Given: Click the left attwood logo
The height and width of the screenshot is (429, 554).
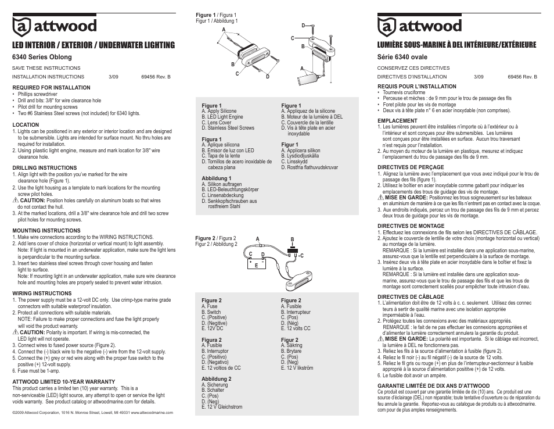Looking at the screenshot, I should point(55,26).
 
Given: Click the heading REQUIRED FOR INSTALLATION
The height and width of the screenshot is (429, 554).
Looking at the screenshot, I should point(51,88).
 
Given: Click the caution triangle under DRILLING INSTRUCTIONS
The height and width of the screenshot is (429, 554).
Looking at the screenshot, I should point(16,201).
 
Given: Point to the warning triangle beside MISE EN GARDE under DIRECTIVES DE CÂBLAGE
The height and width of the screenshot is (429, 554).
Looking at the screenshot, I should point(381,338).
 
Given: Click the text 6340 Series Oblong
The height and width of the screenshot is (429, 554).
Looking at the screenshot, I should point(42,58).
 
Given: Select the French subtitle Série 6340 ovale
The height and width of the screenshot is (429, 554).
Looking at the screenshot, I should point(406,58).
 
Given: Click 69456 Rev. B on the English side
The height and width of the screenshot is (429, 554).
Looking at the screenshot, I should point(156,76).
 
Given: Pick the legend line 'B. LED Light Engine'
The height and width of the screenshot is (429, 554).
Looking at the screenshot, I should point(222,117).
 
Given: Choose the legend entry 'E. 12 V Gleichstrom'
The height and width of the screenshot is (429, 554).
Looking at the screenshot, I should point(222,407).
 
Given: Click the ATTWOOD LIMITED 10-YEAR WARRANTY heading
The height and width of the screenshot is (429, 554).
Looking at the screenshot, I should point(63,382).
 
